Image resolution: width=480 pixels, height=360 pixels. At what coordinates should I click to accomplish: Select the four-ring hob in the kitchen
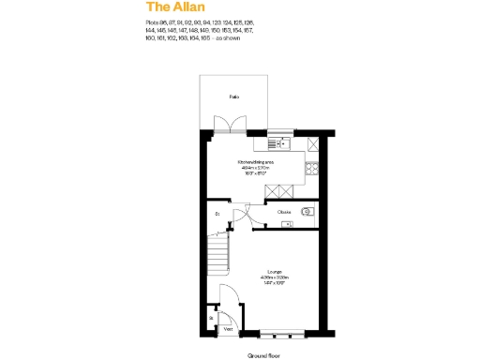[x=312, y=169]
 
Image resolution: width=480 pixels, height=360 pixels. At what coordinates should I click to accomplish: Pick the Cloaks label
[x=284, y=213]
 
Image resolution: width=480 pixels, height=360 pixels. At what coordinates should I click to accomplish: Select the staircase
[x=218, y=250]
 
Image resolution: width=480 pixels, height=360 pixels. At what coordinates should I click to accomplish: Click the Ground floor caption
[x=263, y=356]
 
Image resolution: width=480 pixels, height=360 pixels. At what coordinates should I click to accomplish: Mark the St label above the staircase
[x=217, y=215]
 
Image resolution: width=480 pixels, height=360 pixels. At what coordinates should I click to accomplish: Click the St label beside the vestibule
[x=212, y=318]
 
